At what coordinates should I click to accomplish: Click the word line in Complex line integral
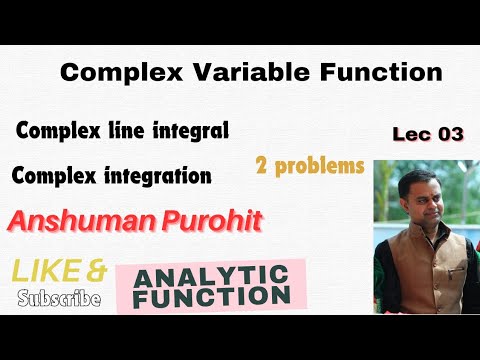pos(129,130)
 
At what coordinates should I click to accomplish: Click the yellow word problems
pos(321,166)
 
